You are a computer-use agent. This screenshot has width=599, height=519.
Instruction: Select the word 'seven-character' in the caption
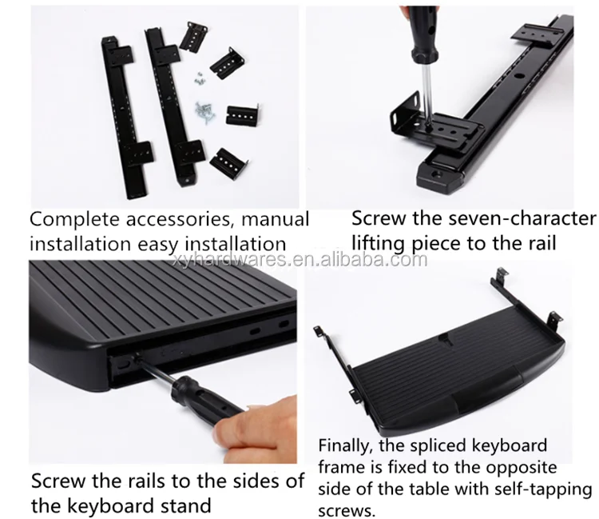point(526,218)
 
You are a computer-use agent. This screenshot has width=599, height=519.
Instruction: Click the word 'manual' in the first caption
point(272,219)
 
